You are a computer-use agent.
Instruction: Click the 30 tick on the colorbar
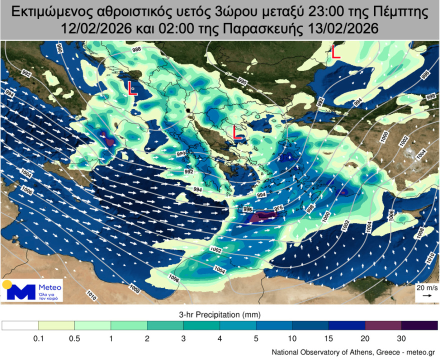[401, 338]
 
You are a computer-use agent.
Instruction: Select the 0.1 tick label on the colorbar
[38, 338]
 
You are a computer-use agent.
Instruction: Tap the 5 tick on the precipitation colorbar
[256, 338]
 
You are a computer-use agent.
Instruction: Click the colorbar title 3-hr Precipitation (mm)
[219, 314]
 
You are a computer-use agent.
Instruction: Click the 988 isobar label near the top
[136, 50]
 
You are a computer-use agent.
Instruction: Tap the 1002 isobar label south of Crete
[215, 249]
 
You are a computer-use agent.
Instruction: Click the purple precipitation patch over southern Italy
[106, 138]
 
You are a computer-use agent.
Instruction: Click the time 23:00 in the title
[300, 11]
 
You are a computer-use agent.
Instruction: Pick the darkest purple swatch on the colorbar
[419, 325]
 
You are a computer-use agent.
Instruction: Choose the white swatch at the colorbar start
[20, 325]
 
